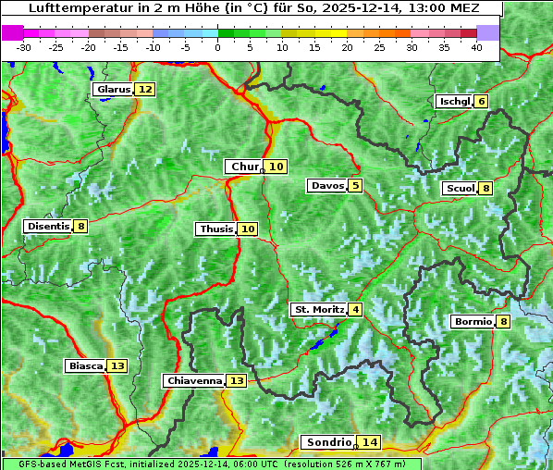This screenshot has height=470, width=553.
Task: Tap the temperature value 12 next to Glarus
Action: coord(145,90)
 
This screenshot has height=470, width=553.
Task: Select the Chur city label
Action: coord(245,167)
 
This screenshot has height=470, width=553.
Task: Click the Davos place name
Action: coord(326,186)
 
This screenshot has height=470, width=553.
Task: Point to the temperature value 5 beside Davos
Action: coord(355,186)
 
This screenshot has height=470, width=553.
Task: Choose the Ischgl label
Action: coord(454,102)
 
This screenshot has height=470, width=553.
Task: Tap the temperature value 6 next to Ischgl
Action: coord(481,102)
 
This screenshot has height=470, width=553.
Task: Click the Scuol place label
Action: coord(460,189)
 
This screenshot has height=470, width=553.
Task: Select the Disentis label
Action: coord(47,227)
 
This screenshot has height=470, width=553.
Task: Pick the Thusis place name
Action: coord(215,229)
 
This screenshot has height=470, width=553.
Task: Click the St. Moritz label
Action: coord(318,309)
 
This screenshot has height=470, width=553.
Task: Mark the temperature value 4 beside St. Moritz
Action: coord(355,309)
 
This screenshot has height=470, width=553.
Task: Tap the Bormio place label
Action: coord(473,322)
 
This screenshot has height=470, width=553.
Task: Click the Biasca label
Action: coord(85,366)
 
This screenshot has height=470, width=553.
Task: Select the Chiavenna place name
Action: coord(194,380)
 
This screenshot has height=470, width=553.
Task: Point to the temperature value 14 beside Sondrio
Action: coord(370,442)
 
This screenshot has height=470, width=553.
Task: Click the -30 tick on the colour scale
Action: coord(24,47)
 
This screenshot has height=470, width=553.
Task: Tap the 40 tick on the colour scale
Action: coord(476,47)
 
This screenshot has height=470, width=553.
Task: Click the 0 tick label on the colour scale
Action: coord(217,47)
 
